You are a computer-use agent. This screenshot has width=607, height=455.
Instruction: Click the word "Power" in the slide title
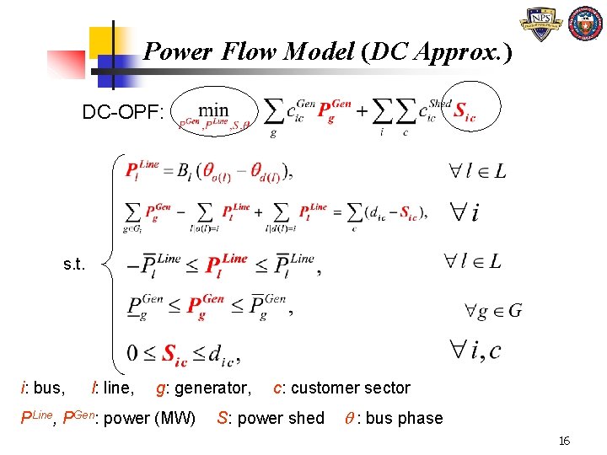[177, 52]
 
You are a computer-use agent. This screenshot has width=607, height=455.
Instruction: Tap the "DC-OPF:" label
[123, 112]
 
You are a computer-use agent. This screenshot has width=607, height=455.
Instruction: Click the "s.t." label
[73, 265]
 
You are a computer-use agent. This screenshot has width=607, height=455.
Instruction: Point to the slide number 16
[564, 441]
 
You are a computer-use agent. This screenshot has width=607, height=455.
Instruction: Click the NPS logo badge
[541, 25]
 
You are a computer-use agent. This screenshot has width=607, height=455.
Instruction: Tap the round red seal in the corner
[585, 25]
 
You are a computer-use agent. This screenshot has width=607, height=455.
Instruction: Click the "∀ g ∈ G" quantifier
[493, 311]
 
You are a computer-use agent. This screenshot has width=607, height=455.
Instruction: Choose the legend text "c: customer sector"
[341, 388]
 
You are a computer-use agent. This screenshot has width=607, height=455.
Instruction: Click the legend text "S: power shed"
[270, 418]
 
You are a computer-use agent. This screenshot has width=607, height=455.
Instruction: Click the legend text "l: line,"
[112, 388]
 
